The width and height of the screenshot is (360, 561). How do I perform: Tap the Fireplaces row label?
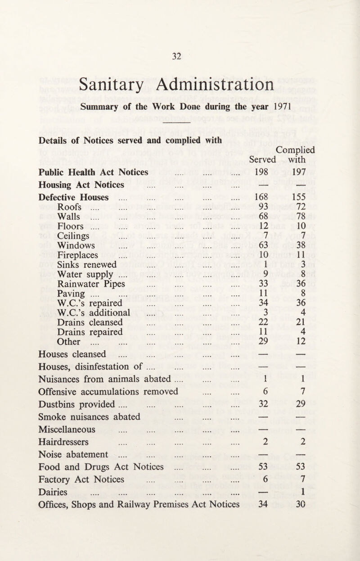click(x=81, y=255)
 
